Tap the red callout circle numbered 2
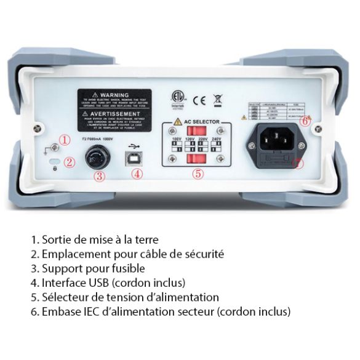70,163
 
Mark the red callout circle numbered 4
137,174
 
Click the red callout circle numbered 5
197,174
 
